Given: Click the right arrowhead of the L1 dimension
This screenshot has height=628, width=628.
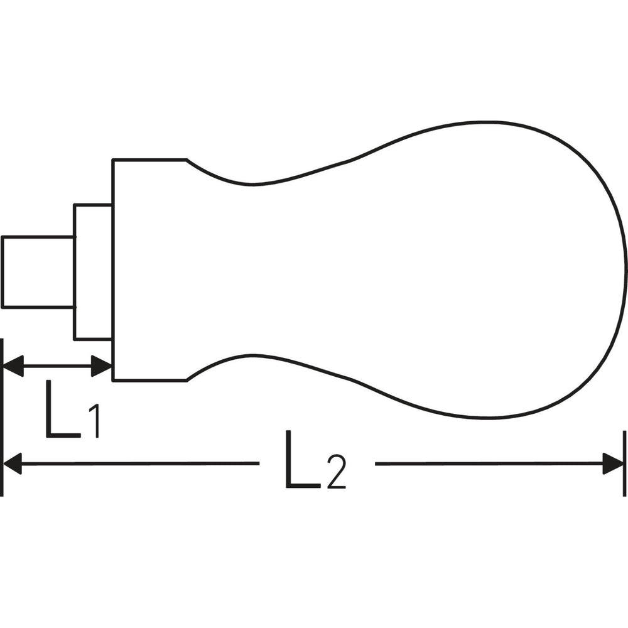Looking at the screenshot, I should (102, 365).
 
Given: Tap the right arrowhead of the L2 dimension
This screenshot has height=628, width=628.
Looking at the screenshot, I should (614, 463).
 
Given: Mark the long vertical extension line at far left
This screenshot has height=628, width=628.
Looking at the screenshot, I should (3, 418).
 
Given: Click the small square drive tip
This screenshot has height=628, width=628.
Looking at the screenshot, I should (38, 272).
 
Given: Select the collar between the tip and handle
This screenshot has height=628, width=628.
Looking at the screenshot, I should (93, 272).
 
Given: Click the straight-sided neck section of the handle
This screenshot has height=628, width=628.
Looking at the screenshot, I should (149, 270).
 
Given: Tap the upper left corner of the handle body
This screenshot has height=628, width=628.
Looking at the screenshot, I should (114, 161).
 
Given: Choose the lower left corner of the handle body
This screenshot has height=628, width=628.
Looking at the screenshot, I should (114, 380).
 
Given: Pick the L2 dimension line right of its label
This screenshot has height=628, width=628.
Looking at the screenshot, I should (490, 463).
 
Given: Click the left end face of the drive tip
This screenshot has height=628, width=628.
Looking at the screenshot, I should (3, 272).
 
